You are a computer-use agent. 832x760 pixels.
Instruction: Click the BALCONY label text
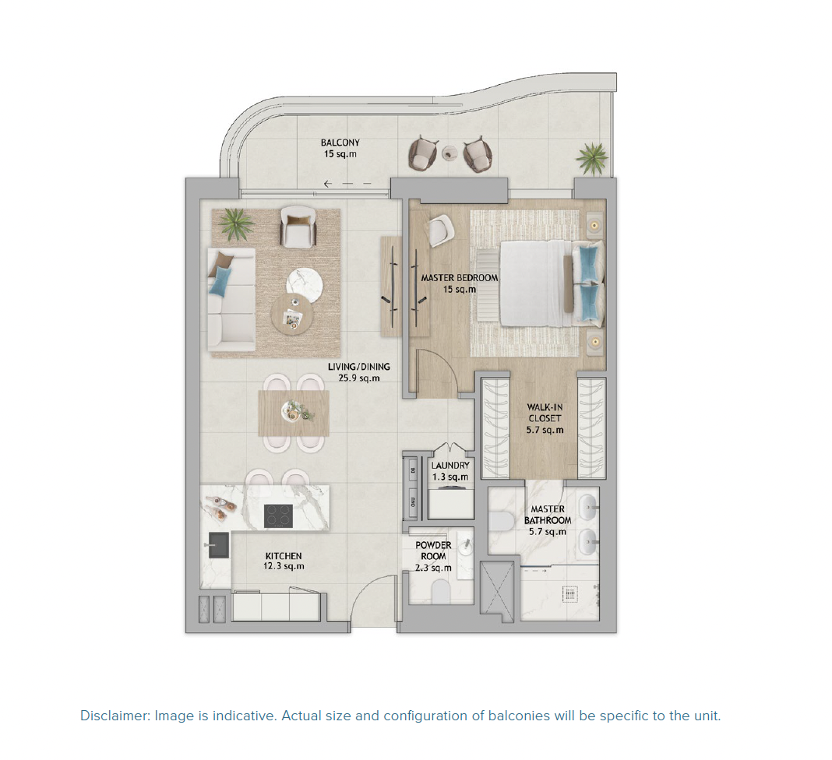(340, 149)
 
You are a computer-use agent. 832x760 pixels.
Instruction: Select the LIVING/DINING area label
(358, 372)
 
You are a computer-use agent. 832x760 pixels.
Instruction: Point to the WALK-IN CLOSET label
(545, 418)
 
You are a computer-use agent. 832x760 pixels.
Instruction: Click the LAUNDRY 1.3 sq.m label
(449, 471)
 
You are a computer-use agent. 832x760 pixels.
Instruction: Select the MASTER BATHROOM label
(547, 520)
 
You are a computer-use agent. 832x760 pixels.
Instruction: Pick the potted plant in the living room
(235, 225)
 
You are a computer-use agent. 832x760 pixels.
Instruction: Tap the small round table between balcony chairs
(449, 154)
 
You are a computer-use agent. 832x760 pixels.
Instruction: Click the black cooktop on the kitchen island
(278, 515)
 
